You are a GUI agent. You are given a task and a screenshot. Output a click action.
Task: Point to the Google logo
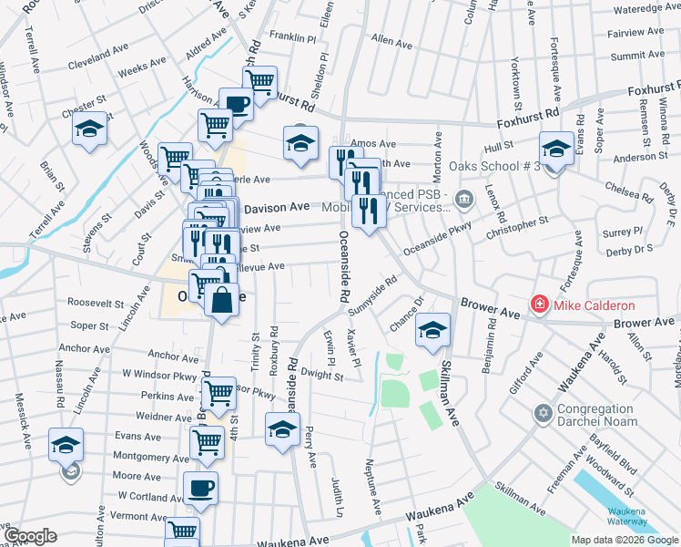(30, 536)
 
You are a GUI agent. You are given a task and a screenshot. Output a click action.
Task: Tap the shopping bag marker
(221, 299)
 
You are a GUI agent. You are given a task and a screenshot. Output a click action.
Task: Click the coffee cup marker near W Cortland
(200, 487)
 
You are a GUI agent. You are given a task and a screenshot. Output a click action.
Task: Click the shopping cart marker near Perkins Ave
(218, 393)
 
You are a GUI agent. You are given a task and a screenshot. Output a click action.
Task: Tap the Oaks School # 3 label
(501, 166)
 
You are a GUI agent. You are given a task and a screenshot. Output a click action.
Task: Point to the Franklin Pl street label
(292, 38)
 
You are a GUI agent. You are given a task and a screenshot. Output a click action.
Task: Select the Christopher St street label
(518, 226)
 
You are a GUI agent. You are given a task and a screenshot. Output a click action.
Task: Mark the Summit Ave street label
(637, 56)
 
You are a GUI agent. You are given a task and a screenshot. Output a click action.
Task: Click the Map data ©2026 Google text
(625, 540)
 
